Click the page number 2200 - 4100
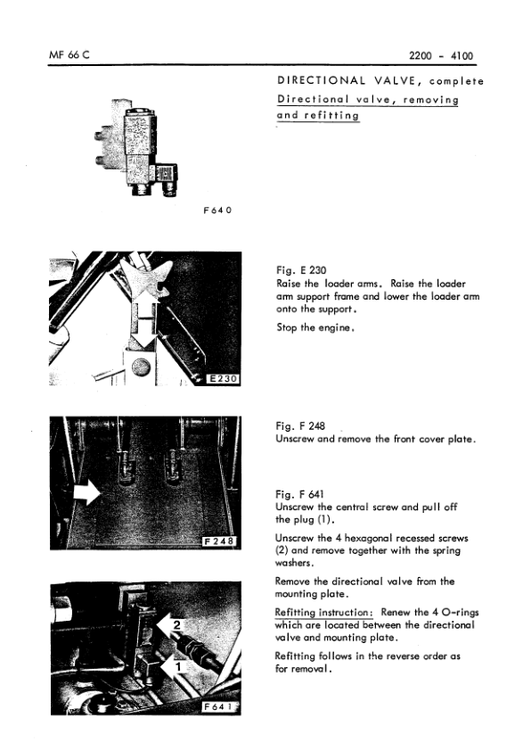(440, 56)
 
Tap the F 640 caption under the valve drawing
(217, 211)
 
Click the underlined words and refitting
(318, 115)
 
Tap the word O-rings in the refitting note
(454, 613)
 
